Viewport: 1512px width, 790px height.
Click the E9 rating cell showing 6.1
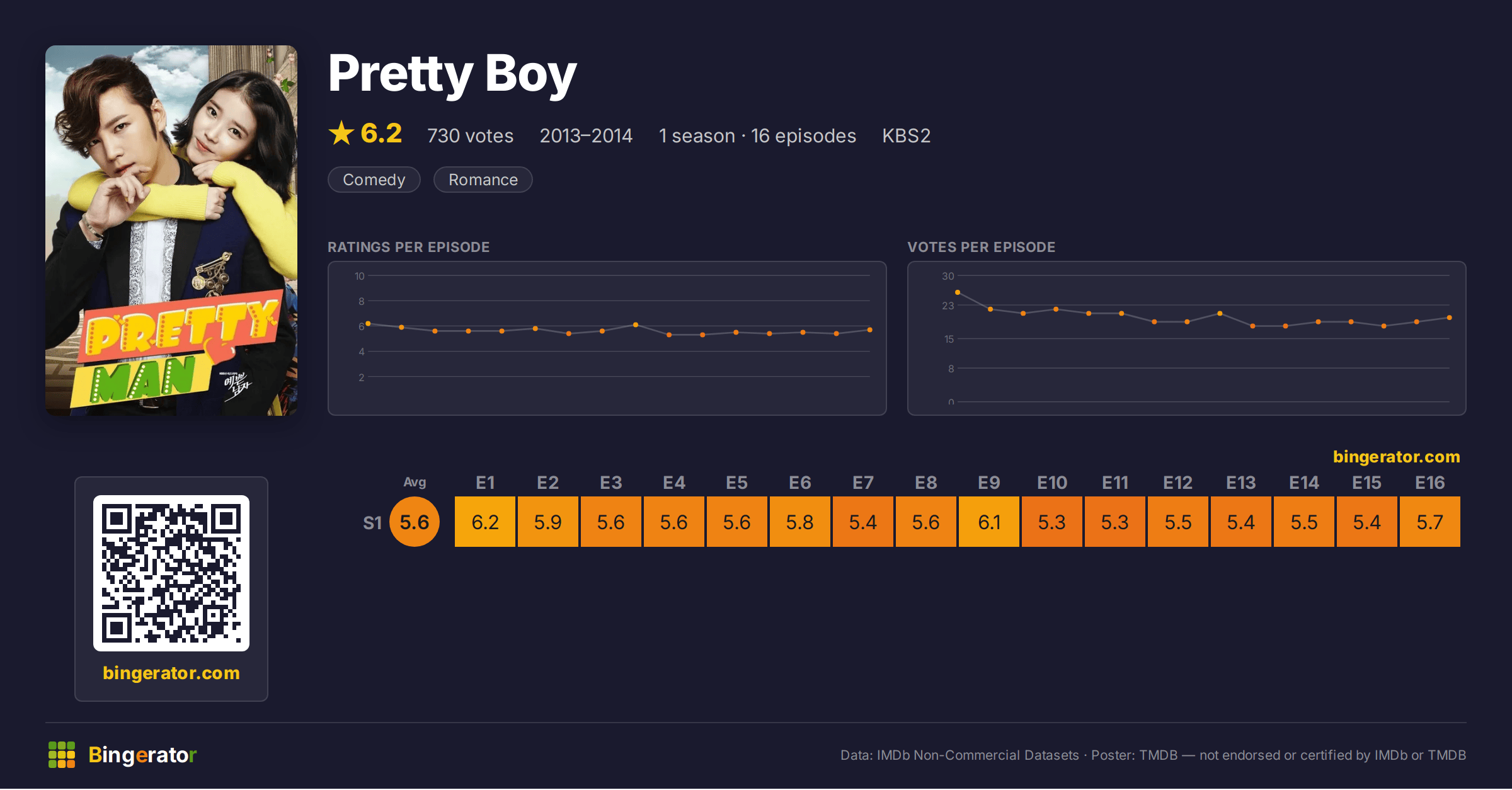click(989, 522)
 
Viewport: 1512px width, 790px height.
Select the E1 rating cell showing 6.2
click(485, 522)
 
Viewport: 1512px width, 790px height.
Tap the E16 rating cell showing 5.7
click(1430, 522)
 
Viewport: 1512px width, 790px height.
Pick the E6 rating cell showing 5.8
click(800, 522)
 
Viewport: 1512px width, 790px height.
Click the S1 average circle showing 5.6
click(415, 522)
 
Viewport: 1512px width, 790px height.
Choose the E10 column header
click(1052, 483)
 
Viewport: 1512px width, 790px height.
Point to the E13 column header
click(1241, 483)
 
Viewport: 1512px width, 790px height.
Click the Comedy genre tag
click(374, 180)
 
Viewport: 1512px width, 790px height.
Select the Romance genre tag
click(483, 180)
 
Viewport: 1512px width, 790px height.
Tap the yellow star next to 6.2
click(341, 133)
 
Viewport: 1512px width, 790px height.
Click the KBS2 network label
click(906, 135)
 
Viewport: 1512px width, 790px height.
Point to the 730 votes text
click(471, 135)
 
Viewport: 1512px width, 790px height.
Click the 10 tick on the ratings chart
click(360, 276)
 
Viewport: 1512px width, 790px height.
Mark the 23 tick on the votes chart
click(948, 306)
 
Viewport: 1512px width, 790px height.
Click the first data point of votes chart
click(958, 292)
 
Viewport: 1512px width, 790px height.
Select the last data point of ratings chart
click(870, 330)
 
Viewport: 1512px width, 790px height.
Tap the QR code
click(171, 573)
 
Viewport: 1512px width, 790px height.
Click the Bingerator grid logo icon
click(62, 755)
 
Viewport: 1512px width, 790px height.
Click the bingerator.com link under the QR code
click(171, 673)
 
